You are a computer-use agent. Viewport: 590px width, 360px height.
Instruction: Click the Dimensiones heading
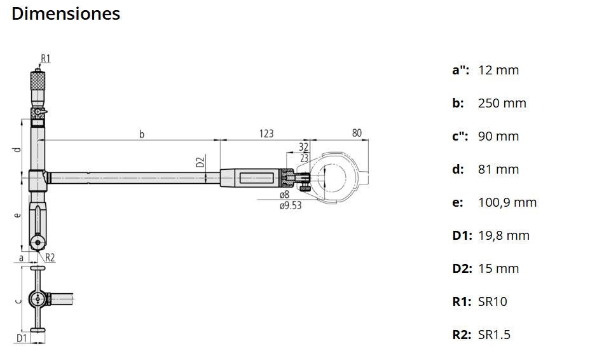(66, 13)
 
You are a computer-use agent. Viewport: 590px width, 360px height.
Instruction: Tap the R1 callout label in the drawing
(46, 59)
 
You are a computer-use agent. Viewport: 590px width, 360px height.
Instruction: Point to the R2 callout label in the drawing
(50, 258)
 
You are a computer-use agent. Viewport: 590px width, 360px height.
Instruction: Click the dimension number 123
(266, 134)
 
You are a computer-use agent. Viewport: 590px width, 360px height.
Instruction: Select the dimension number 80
(357, 133)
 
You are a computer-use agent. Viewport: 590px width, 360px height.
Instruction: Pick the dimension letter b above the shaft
(142, 134)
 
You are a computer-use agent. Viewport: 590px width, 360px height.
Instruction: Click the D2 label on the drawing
(200, 162)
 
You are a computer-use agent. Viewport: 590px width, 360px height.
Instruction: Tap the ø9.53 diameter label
(291, 205)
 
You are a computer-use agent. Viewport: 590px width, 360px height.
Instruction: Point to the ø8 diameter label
(284, 194)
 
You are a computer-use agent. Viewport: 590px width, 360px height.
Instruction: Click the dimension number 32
(304, 147)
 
